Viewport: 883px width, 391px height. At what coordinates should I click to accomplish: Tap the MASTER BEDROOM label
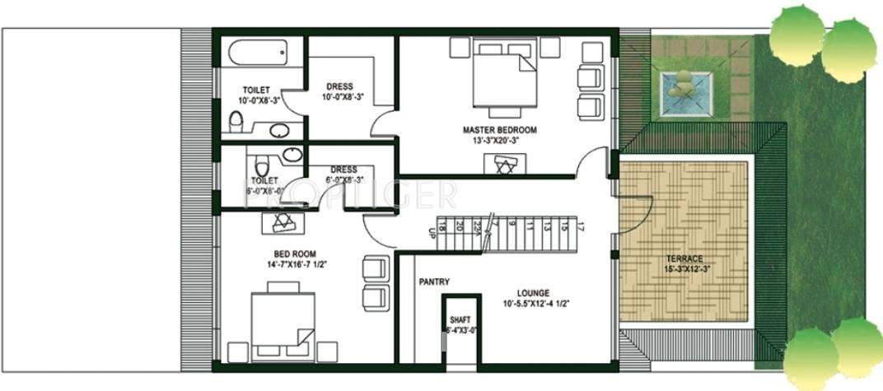pyautogui.click(x=499, y=130)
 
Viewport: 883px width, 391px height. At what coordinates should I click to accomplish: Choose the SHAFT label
pyautogui.click(x=459, y=320)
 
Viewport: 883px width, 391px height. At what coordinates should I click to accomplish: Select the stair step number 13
pyautogui.click(x=546, y=226)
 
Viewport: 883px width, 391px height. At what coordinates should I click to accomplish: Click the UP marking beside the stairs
pyautogui.click(x=431, y=233)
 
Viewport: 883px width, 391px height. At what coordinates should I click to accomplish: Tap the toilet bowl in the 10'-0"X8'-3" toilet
pyautogui.click(x=236, y=123)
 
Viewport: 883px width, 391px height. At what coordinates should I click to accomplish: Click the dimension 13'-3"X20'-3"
pyautogui.click(x=499, y=141)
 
